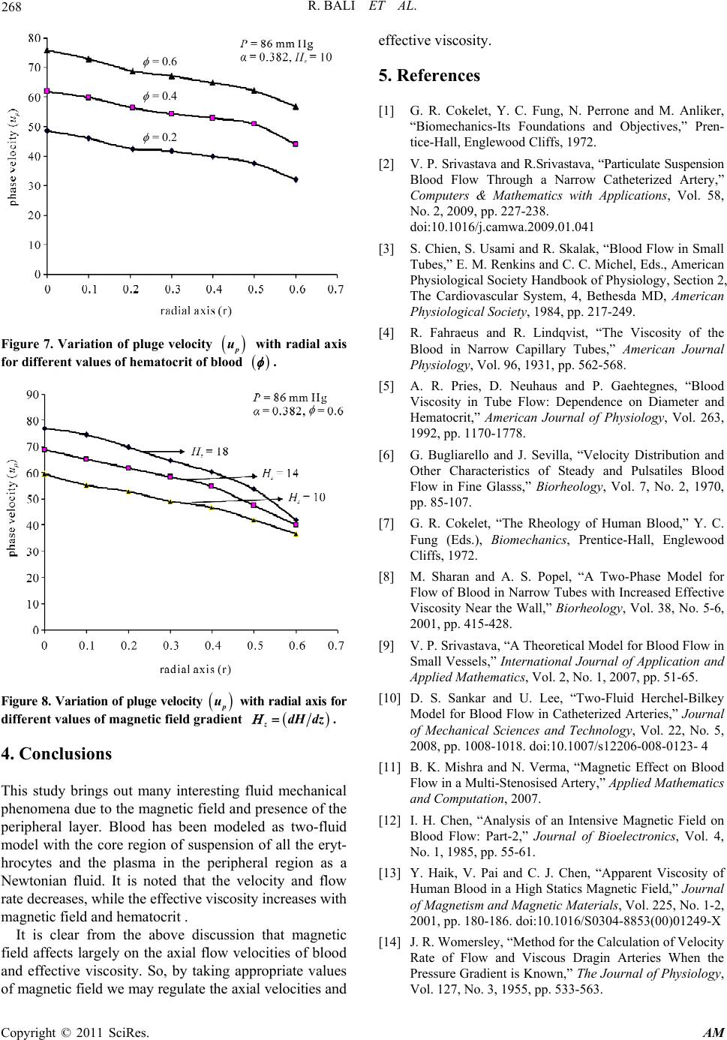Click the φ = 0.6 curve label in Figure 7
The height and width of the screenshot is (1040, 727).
pyautogui.click(x=159, y=62)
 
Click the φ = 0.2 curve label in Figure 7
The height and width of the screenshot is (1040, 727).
pyautogui.click(x=159, y=137)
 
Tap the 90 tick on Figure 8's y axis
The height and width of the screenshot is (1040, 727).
pyautogui.click(x=35, y=395)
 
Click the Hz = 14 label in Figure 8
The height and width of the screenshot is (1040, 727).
pyautogui.click(x=281, y=473)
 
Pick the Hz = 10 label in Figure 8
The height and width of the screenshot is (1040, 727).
pyautogui.click(x=305, y=497)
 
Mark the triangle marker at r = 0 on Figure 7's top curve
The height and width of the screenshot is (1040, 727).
pyautogui.click(x=47, y=50)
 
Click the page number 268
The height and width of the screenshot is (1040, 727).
pyautogui.click(x=13, y=9)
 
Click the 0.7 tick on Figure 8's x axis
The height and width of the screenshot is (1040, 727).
pyautogui.click(x=337, y=645)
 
